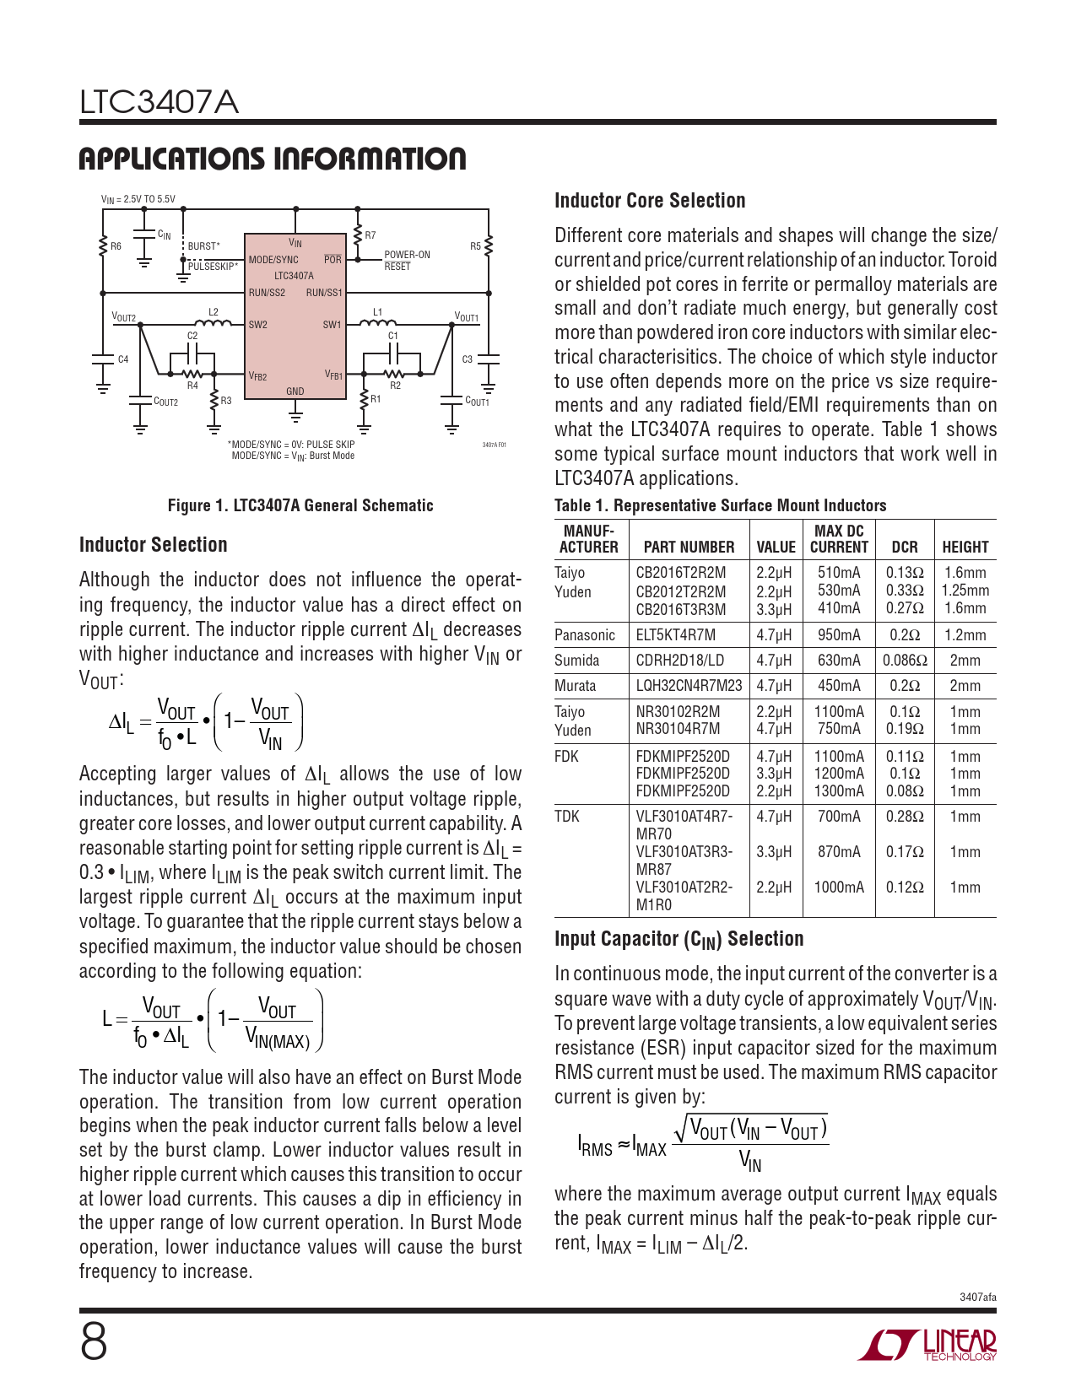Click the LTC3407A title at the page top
point(159,103)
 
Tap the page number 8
point(94,1342)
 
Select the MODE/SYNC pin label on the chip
point(273,260)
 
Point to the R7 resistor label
point(370,235)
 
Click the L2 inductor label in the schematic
point(213,312)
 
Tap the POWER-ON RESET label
point(407,260)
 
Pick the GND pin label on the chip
point(295,391)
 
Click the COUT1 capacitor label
point(477,402)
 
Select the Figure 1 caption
point(300,505)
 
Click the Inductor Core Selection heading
point(650,201)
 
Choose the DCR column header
point(904,547)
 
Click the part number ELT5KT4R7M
point(675,635)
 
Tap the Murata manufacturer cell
point(575,686)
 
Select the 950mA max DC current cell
point(839,635)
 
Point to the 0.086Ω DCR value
point(905,661)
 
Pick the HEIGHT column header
point(965,547)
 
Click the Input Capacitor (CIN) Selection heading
point(679,939)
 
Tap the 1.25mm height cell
point(965,591)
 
